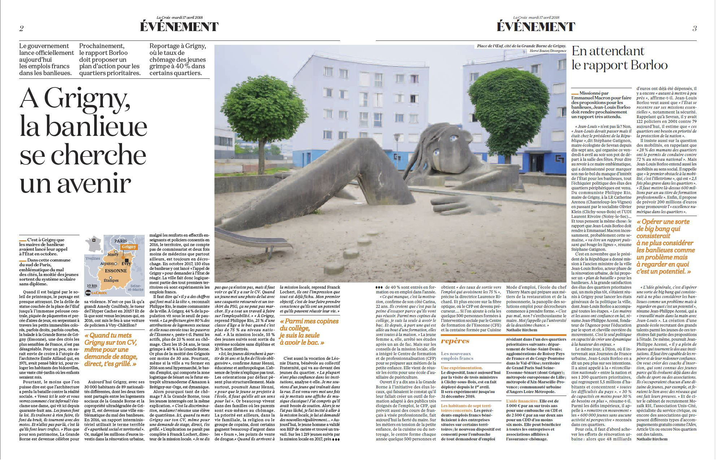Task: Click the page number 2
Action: point(22,29)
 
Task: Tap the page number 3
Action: point(694,29)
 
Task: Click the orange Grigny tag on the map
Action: point(129,247)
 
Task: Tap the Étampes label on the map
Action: point(111,280)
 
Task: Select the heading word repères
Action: point(455,341)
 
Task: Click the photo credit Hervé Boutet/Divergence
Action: point(548,51)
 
